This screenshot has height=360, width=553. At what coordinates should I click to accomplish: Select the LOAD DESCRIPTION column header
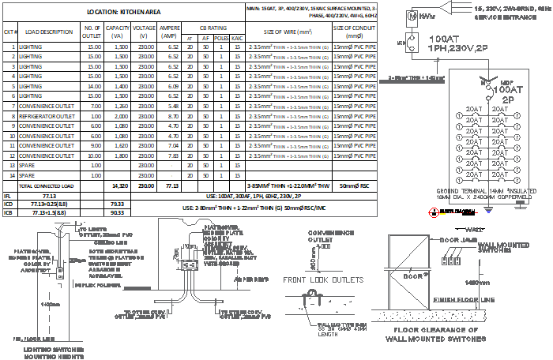pyautogui.click(x=49, y=32)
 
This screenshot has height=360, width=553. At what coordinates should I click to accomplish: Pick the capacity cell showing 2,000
pyautogui.click(x=121, y=116)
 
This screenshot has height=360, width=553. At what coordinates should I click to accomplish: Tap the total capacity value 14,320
pyautogui.click(x=121, y=186)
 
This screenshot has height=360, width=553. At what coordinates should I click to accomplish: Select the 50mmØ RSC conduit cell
pyautogui.click(x=354, y=186)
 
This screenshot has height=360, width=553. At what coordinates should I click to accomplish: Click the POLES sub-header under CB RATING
pyautogui.click(x=220, y=37)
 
